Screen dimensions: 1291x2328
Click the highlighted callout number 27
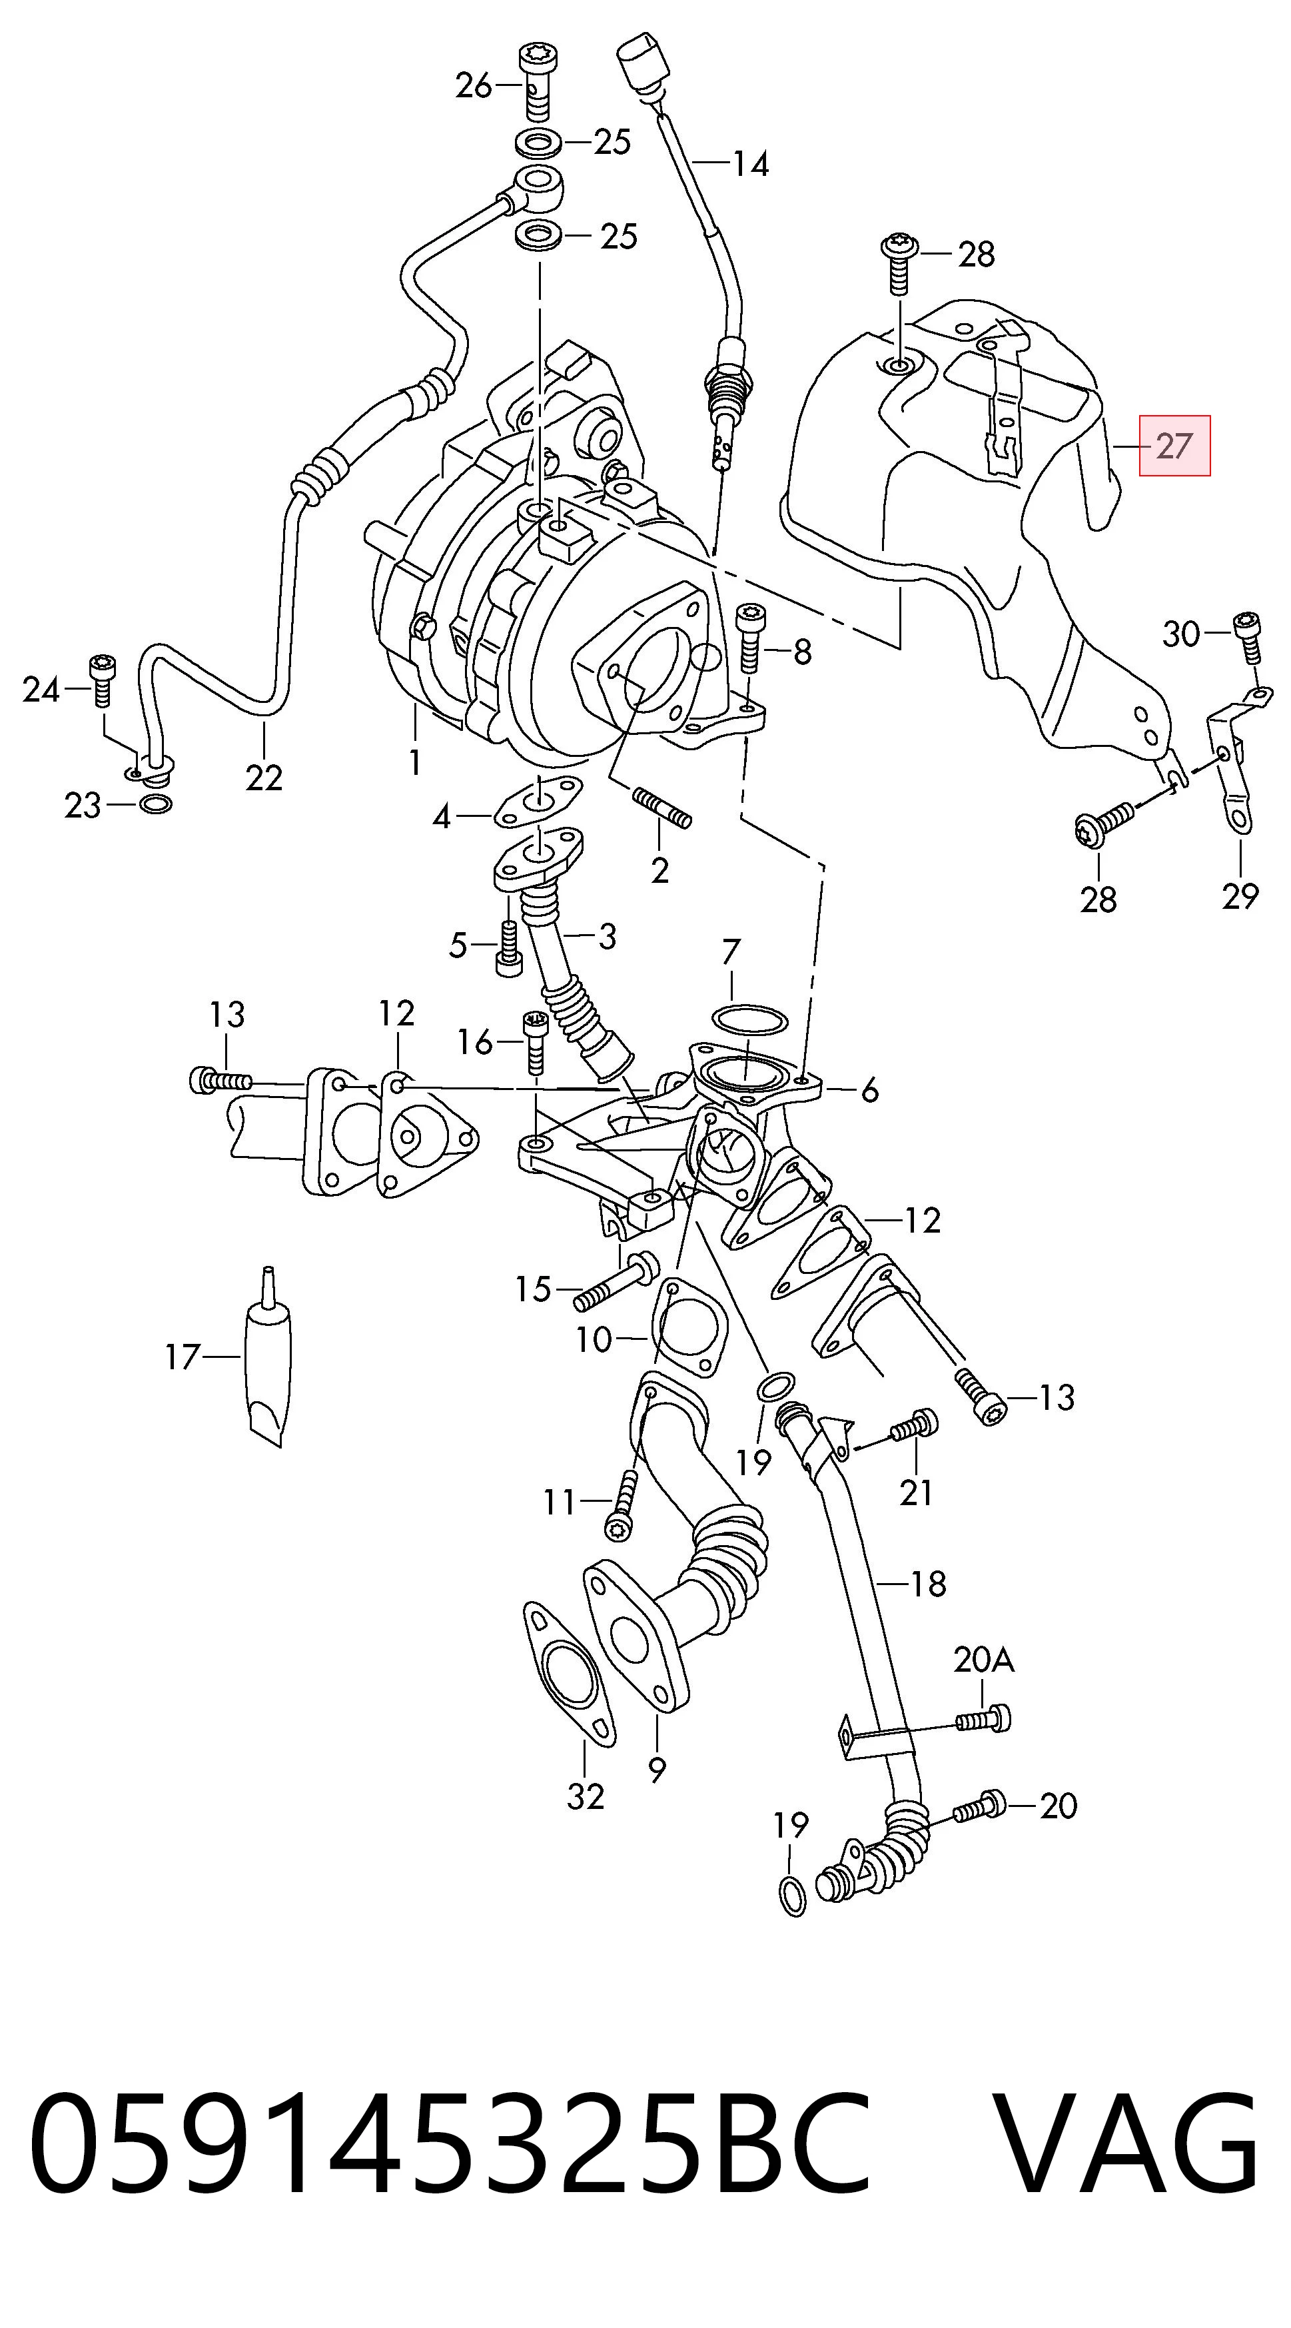click(1174, 446)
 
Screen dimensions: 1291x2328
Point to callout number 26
click(474, 86)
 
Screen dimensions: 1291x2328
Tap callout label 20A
click(984, 1659)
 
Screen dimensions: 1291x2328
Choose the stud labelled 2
click(663, 808)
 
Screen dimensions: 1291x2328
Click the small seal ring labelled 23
click(157, 804)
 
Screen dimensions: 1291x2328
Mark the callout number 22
click(264, 777)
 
